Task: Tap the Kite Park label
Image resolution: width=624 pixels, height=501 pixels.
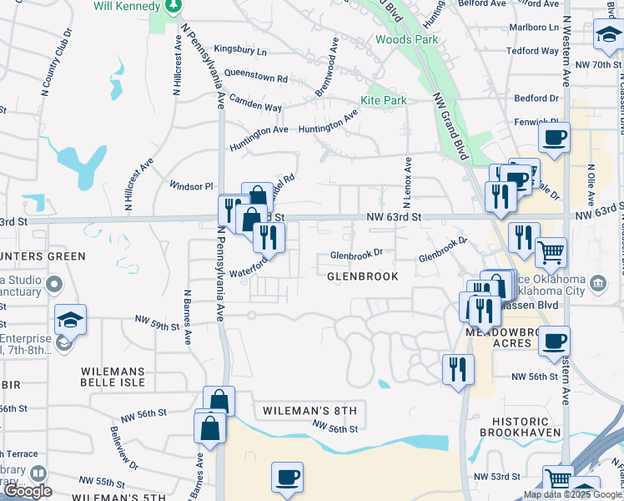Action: (383, 101)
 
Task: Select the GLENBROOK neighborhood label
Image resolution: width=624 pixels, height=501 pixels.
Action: (362, 276)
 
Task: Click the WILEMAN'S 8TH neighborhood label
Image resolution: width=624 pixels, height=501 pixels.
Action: (309, 411)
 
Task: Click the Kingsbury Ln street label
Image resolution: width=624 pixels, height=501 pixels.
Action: (240, 51)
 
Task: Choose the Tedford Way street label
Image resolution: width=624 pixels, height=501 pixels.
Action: (531, 51)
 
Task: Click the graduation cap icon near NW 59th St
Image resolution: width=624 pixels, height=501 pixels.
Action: (71, 319)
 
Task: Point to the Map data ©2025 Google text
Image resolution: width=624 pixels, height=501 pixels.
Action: (571, 494)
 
